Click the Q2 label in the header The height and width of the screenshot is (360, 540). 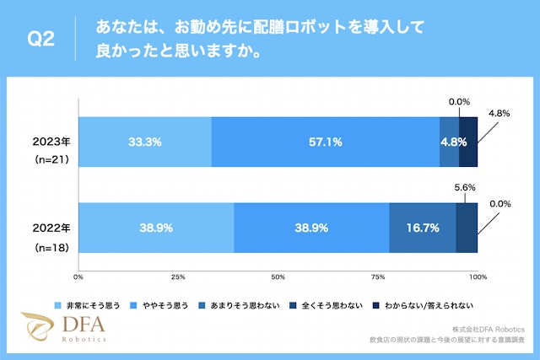coord(41,40)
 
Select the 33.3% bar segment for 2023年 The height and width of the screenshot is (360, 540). coord(144,142)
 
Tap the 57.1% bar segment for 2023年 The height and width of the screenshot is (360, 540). coord(325,142)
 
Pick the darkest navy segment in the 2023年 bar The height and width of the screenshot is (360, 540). coord(468,142)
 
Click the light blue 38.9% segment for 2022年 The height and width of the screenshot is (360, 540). coord(156,228)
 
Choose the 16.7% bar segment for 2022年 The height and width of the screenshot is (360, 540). coord(422,228)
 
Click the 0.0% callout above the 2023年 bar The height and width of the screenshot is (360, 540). coord(459,102)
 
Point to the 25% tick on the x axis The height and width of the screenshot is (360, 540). coord(179,277)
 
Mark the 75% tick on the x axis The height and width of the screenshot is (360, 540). coord(378,277)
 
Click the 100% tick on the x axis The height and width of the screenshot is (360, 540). coord(478,277)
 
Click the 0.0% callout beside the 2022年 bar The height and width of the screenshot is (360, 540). coord(500,204)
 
